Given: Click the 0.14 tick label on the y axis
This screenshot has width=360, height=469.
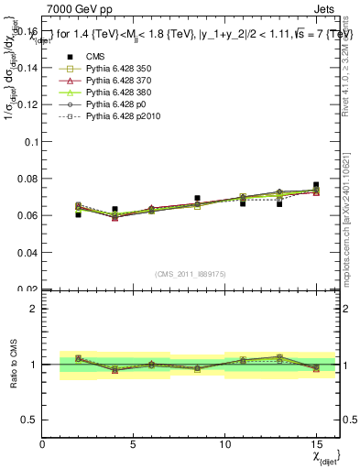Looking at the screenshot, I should (26, 69).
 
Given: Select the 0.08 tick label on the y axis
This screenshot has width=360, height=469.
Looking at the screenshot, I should (26, 179).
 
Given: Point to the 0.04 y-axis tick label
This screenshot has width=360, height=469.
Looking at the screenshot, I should (26, 252).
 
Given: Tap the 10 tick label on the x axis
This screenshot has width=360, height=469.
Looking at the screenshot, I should (225, 444).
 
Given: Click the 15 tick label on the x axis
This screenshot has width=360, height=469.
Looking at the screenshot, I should (316, 444).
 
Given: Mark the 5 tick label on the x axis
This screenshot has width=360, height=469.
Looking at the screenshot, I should (134, 444).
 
